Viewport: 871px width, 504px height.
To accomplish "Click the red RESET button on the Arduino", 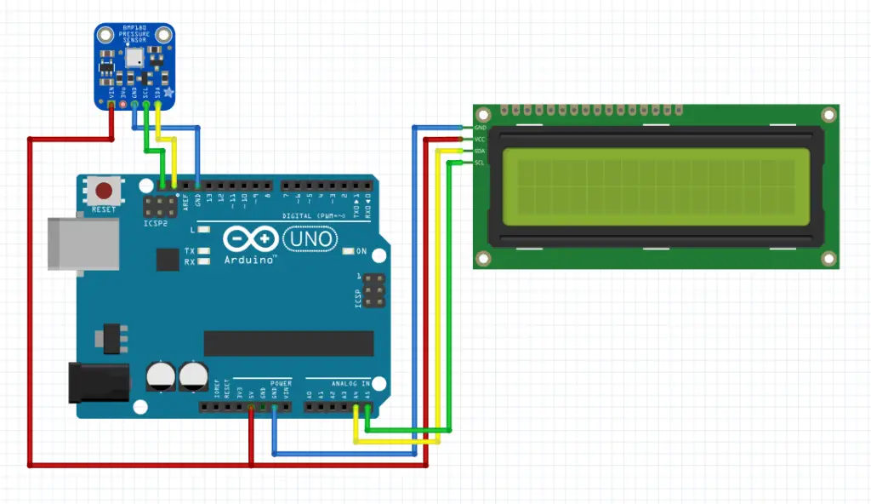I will [105, 191].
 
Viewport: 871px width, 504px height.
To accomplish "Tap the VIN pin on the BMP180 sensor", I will [112, 104].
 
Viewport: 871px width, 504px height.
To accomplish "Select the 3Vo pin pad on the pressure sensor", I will [123, 104].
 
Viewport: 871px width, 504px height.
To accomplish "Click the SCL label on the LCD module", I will [480, 163].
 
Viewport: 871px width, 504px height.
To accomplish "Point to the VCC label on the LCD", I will [480, 139].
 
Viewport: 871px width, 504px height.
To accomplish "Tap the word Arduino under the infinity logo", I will [249, 259].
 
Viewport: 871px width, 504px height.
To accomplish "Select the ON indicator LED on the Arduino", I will [348, 251].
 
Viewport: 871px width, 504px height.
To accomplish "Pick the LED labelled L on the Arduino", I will [203, 230].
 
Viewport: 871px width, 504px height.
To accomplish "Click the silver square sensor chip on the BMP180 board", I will [134, 58].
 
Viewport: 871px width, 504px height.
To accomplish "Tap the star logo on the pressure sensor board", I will [168, 92].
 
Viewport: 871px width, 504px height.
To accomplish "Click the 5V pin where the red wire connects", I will [251, 408].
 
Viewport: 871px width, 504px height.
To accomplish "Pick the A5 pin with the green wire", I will [367, 408].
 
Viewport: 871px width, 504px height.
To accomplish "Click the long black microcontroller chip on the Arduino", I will [288, 343].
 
